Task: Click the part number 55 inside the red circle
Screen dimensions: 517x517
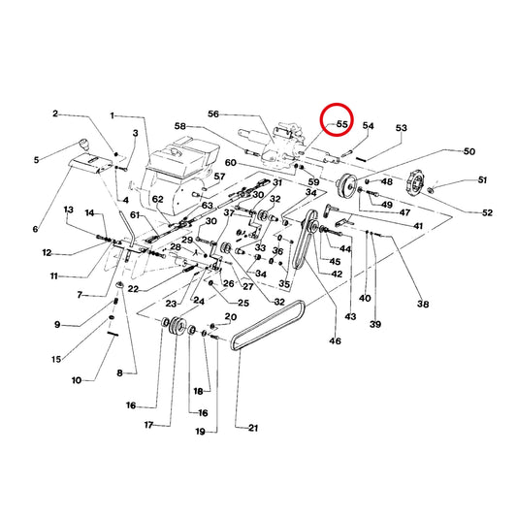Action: (x=342, y=124)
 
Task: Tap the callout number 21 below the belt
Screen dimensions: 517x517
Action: (x=253, y=428)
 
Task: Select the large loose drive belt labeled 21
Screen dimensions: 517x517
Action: (x=268, y=326)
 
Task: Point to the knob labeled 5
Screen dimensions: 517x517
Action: (x=84, y=145)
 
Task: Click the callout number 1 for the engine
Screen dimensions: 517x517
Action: (x=113, y=115)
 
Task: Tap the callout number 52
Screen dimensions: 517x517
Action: (x=487, y=212)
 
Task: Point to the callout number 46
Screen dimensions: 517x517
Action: (x=335, y=340)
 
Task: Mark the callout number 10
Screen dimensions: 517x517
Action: (x=77, y=380)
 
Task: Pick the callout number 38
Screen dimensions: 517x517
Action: (x=423, y=304)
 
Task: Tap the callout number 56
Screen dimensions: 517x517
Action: (x=213, y=114)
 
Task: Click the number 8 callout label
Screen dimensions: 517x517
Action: (x=119, y=372)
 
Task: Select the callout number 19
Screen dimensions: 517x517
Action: (x=201, y=432)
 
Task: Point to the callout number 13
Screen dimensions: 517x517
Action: (x=69, y=210)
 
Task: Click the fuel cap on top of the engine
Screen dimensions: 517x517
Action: (x=174, y=152)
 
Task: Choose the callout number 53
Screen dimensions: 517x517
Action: (x=402, y=128)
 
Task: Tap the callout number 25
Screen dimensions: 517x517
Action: (x=243, y=303)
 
